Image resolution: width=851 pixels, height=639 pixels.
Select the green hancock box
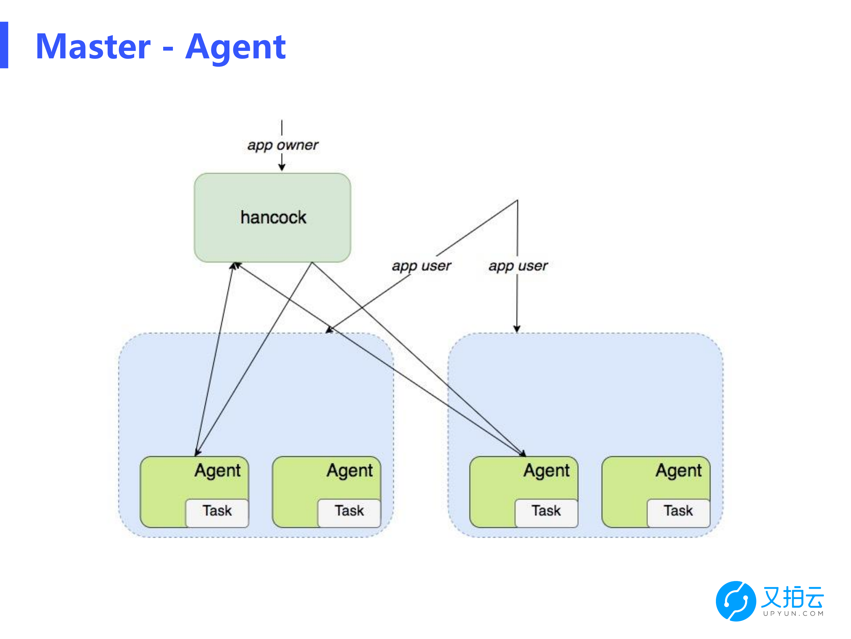(272, 218)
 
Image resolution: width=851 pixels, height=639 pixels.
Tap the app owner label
(283, 145)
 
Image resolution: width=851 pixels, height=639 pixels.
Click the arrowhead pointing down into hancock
(282, 167)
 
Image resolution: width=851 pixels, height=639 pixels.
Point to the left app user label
(421, 266)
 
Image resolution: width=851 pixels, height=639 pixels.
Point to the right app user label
(518, 266)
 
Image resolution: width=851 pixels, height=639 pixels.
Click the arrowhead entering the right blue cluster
(517, 329)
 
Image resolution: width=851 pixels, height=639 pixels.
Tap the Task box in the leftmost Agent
(217, 513)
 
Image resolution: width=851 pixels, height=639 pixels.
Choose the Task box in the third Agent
(547, 513)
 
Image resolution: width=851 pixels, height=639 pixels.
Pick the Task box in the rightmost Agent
(679, 513)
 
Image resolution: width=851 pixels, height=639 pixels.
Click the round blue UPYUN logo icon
(736, 601)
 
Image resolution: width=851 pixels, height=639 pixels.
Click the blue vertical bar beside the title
(4, 45)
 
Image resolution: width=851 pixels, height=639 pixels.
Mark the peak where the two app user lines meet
(518, 200)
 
